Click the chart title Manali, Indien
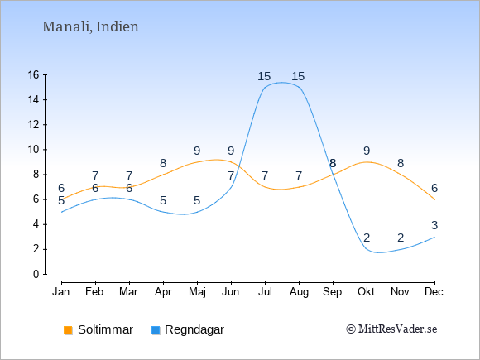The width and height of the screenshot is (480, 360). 90,27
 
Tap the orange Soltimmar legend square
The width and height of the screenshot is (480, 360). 68,330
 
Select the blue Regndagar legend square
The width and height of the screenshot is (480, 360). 156,330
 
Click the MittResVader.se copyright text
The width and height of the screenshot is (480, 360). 391,329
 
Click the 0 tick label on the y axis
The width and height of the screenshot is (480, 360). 36,274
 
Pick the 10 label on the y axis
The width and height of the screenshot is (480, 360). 34,150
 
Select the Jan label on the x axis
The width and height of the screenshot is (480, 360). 61,292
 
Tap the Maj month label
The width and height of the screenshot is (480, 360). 197,292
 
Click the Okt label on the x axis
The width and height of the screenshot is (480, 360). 366,292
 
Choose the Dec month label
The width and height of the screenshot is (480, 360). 434,292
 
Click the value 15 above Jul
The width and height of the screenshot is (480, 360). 264,76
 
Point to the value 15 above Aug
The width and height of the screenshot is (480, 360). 298,76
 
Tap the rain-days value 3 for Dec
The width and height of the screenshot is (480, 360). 434,225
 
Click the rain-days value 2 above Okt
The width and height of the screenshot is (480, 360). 367,238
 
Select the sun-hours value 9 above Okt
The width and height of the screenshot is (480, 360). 367,151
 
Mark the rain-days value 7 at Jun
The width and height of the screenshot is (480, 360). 231,175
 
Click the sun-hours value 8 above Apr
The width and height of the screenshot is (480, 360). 163,163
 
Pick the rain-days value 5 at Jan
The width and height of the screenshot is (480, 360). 61,201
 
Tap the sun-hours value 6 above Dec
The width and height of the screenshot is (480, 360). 434,188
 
